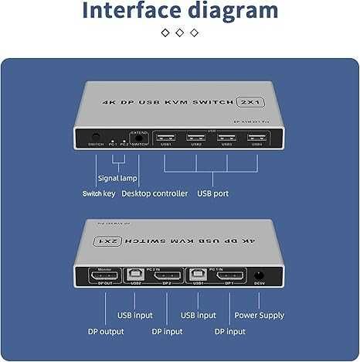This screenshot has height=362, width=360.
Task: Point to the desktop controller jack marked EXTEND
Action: [139, 137]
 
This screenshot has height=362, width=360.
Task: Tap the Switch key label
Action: [98, 193]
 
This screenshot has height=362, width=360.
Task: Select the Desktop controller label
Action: [155, 193]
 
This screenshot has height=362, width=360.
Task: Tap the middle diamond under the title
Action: [179, 32]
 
